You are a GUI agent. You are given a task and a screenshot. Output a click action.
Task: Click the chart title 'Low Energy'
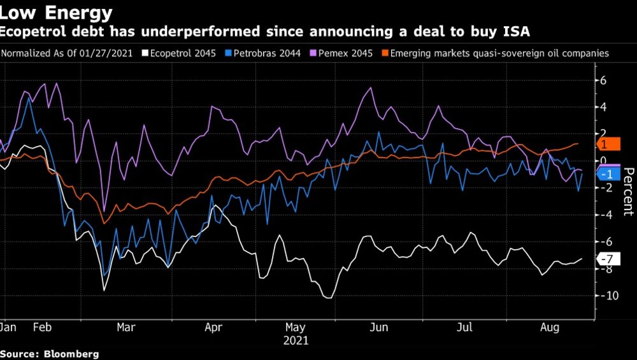point(57,12)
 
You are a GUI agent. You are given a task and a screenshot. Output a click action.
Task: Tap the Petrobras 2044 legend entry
point(263,54)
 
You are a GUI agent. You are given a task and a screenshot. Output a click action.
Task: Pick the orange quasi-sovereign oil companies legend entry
point(499,54)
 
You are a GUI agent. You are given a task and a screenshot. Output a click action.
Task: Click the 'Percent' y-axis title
point(627,192)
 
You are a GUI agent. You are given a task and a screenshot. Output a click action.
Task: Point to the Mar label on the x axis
point(126,328)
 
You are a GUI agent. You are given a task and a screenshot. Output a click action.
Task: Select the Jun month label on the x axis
point(380,328)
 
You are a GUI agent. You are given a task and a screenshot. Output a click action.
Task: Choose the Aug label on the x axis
point(550,328)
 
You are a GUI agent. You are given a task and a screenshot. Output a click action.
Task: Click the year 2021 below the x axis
point(296,341)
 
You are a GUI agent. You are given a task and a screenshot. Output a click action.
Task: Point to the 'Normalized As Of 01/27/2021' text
point(67,54)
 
